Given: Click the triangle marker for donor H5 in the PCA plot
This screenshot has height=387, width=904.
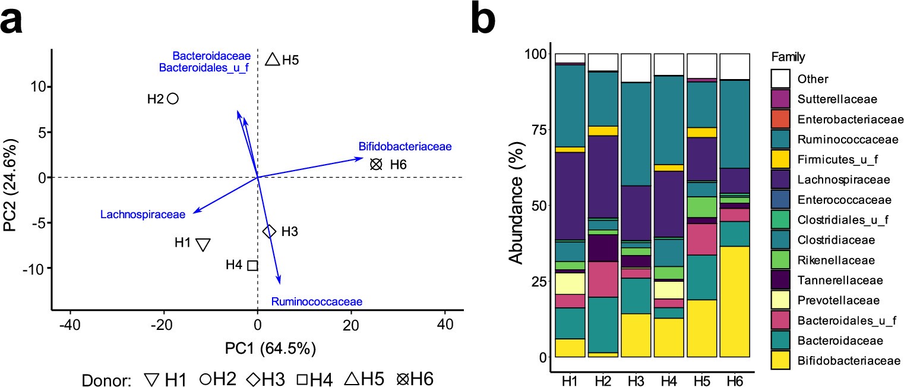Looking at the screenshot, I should pyautogui.click(x=273, y=59).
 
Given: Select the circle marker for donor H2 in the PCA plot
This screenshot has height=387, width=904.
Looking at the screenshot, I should pyautogui.click(x=173, y=99).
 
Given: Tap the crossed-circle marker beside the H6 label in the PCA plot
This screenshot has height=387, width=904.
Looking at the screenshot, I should pyautogui.click(x=375, y=165).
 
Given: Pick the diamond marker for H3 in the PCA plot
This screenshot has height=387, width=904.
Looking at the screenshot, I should pyautogui.click(x=269, y=231).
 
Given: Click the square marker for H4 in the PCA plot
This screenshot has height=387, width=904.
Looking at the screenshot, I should pyautogui.click(x=252, y=265).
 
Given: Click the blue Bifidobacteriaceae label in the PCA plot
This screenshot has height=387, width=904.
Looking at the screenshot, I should pyautogui.click(x=405, y=146).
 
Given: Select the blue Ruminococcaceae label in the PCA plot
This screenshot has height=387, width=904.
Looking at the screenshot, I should pyautogui.click(x=317, y=301).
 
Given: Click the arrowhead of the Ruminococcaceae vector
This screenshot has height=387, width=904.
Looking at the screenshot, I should pyautogui.click(x=279, y=282).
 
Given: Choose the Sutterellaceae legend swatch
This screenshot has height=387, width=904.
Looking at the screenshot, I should pyautogui.click(x=780, y=99).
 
